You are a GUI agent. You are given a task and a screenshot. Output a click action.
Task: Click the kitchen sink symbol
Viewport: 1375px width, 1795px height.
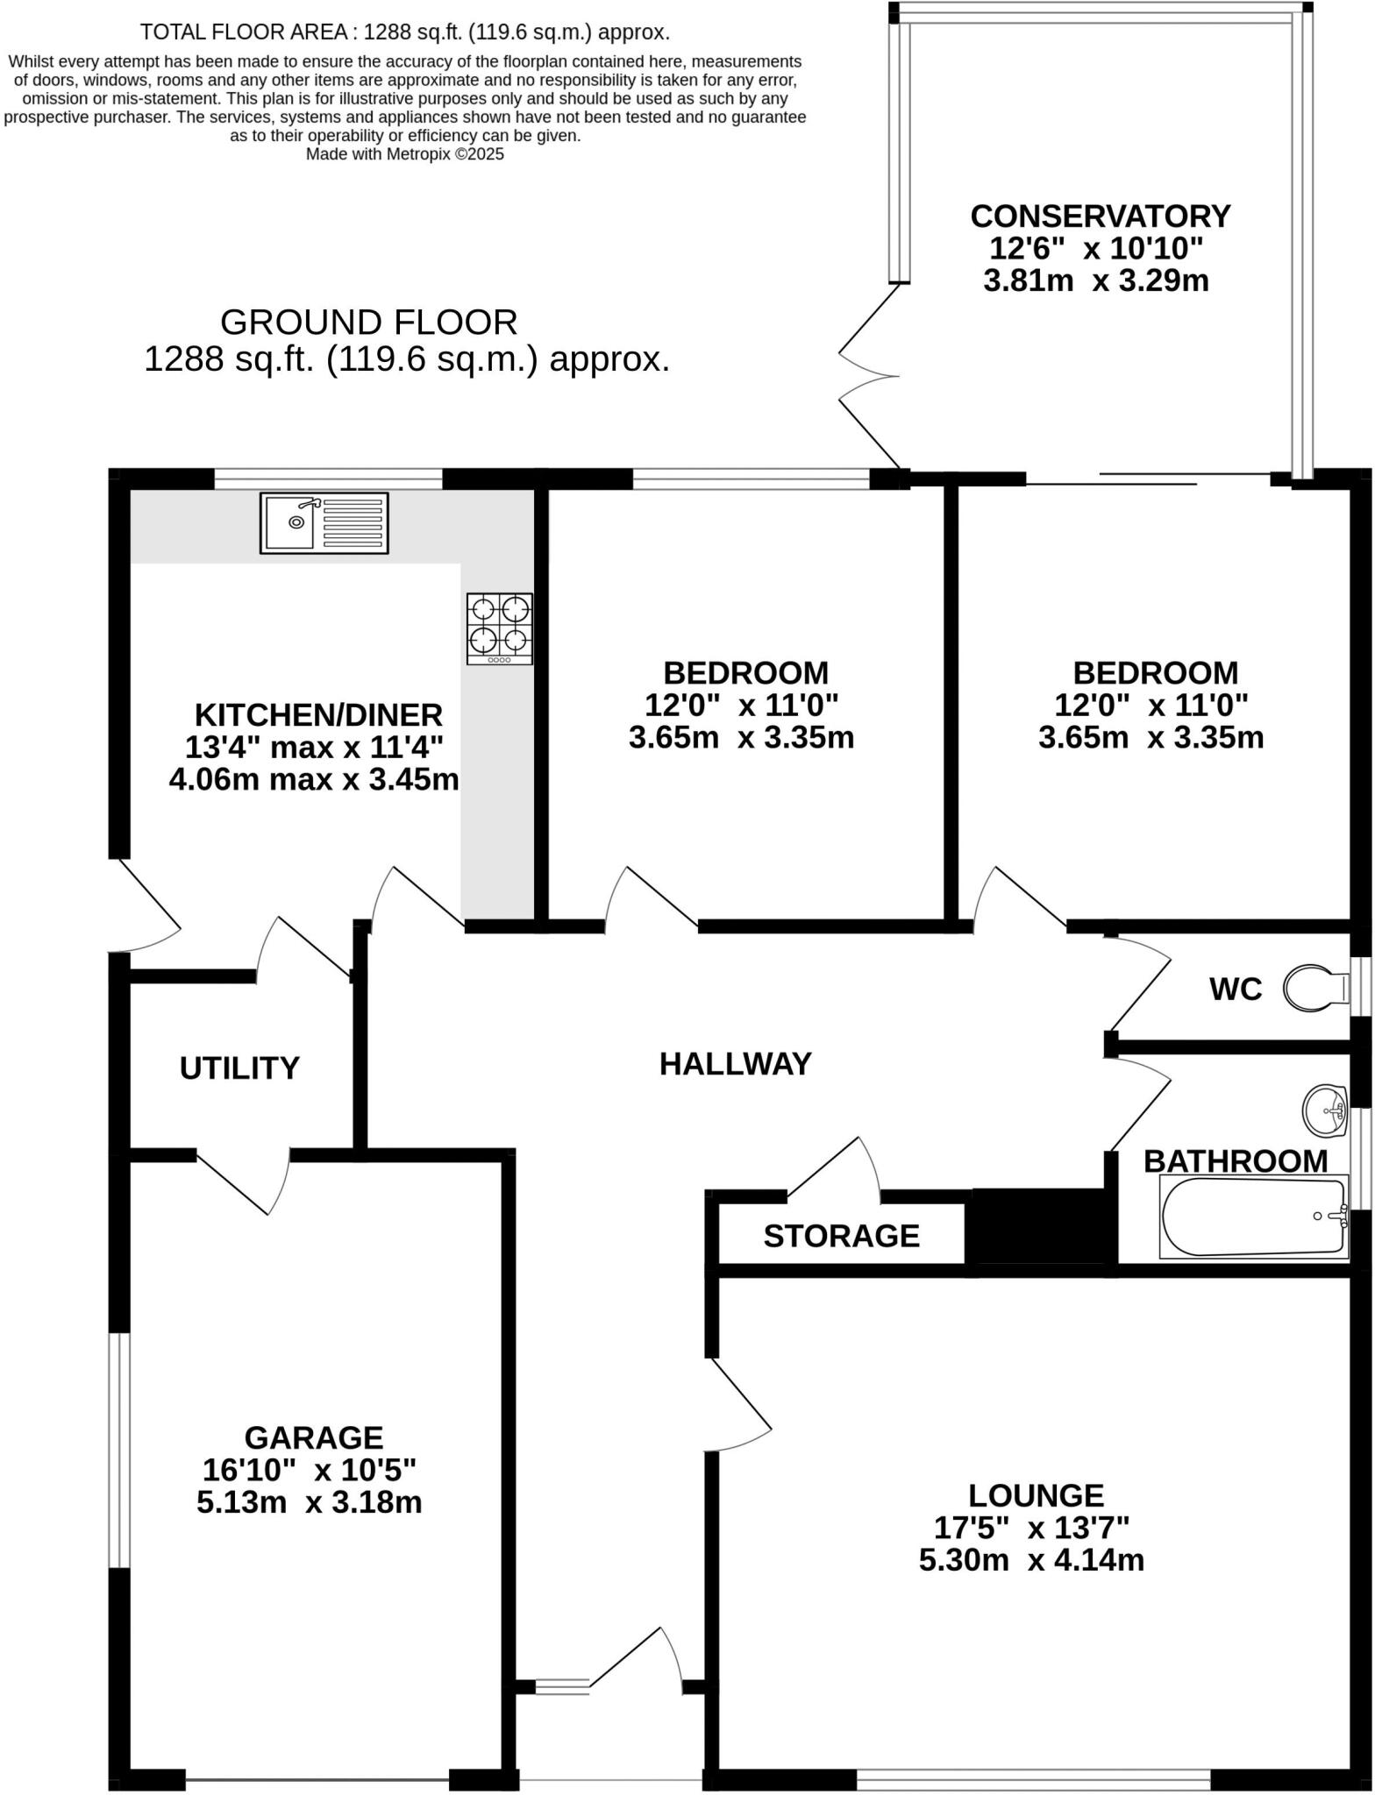click(324, 523)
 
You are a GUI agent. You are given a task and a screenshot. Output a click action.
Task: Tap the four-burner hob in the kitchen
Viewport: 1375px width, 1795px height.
click(499, 628)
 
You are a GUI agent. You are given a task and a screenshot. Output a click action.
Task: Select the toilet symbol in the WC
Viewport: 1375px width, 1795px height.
click(1315, 989)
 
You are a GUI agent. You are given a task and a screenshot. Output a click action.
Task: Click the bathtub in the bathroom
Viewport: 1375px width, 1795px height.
click(1254, 1217)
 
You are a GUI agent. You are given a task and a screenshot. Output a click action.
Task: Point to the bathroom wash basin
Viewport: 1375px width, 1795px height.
click(1325, 1110)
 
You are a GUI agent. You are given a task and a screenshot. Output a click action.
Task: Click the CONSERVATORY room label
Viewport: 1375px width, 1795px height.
click(1100, 216)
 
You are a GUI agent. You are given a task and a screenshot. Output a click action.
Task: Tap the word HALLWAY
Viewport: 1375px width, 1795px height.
click(735, 1064)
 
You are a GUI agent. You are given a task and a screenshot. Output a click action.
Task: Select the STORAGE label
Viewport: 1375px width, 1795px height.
click(841, 1236)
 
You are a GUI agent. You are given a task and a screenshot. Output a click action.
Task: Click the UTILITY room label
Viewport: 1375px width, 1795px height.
click(239, 1068)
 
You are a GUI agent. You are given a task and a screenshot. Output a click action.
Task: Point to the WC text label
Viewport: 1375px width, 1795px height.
click(1235, 990)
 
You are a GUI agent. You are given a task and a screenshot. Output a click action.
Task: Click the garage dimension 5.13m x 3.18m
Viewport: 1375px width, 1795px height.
click(309, 1502)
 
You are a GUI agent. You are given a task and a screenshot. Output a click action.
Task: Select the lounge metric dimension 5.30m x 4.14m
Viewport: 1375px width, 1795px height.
click(1031, 1560)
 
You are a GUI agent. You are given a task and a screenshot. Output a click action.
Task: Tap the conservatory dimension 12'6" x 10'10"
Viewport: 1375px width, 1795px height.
click(1095, 249)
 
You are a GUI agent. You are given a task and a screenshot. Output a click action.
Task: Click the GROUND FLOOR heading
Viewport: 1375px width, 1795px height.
click(368, 323)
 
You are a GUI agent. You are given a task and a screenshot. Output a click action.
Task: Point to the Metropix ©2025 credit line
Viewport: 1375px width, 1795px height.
click(404, 154)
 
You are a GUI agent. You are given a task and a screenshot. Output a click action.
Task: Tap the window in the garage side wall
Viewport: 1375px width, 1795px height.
click(120, 1451)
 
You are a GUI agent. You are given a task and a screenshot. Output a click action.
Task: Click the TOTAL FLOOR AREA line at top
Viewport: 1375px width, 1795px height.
click(404, 32)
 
